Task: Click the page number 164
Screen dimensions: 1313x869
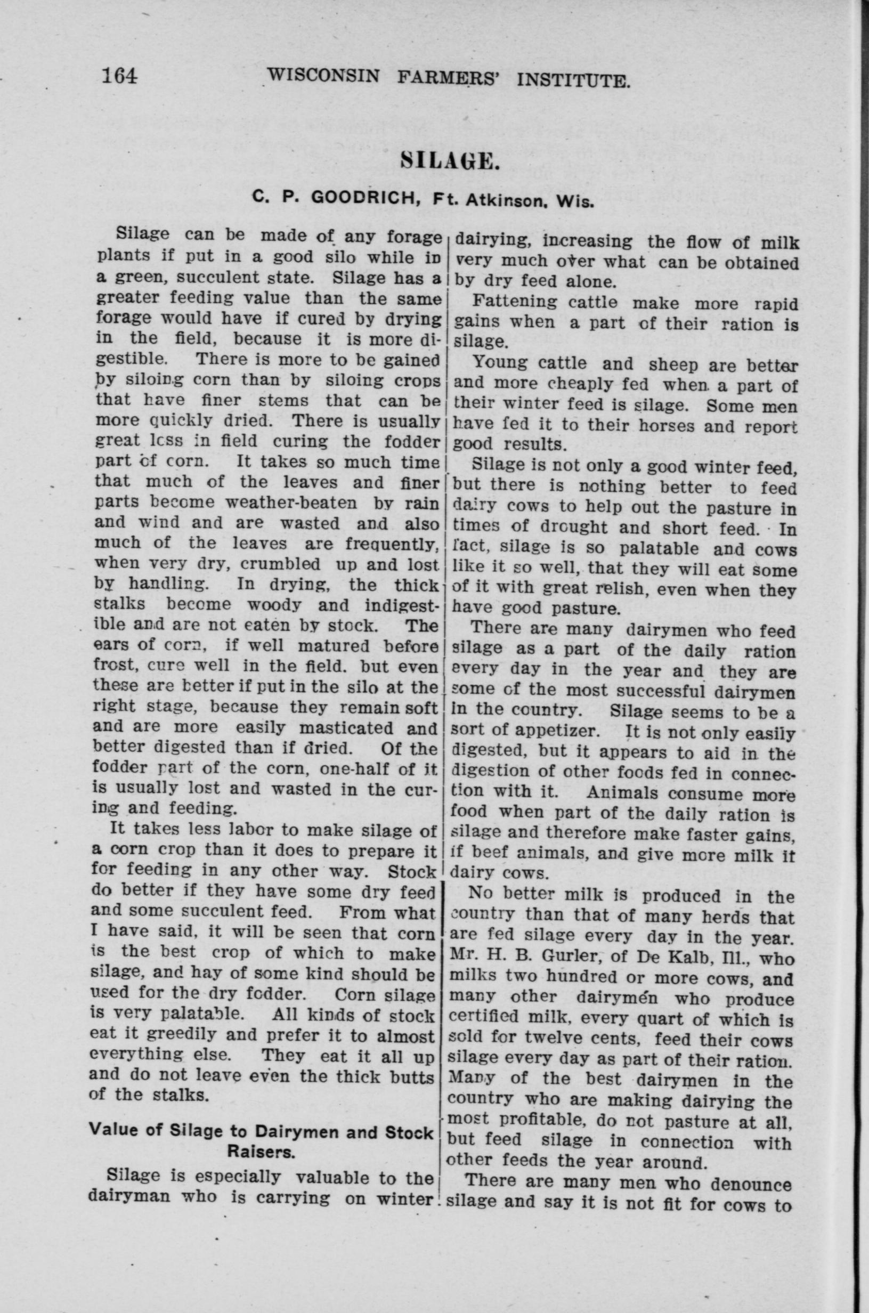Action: click(119, 74)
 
